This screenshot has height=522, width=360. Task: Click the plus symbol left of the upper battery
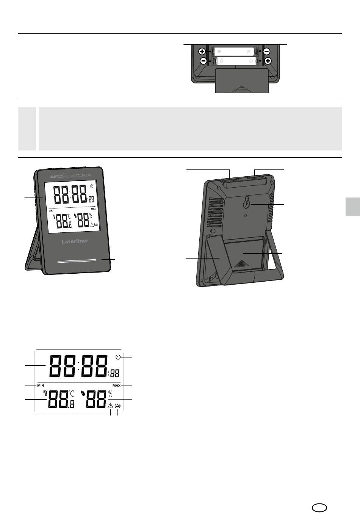pyautogui.click(x=202, y=51)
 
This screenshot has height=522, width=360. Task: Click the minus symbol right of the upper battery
pyautogui.click(x=266, y=51)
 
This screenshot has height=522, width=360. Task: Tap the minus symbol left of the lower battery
pyautogui.click(x=203, y=61)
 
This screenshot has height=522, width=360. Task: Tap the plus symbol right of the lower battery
pyautogui.click(x=268, y=61)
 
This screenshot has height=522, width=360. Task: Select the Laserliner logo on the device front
pyautogui.click(x=75, y=241)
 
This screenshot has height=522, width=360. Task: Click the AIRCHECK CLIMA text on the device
pyautogui.click(x=70, y=176)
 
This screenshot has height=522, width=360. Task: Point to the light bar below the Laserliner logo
pyautogui.click(x=77, y=261)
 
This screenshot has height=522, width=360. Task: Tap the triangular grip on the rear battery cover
pyautogui.click(x=241, y=263)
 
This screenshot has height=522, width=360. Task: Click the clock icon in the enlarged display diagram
pyautogui.click(x=118, y=357)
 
